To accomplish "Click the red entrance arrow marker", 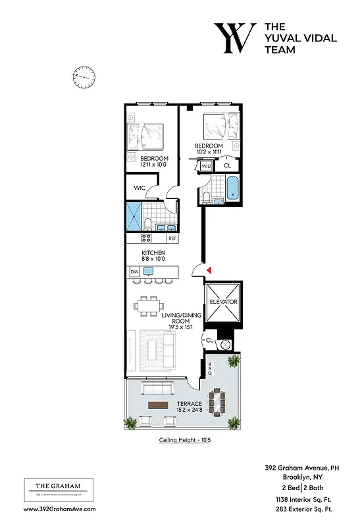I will tap(209, 270).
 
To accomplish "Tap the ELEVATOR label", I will tap(223, 302).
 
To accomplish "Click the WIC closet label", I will tap(139, 188).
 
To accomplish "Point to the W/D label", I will tap(206, 167).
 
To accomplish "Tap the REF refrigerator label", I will tap(172, 238).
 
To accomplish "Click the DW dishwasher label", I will tap(134, 271).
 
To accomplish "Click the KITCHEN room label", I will tap(153, 253).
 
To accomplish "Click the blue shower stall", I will tap(134, 215).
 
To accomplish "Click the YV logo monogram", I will tap(234, 39).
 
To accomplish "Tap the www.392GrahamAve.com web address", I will tap(59, 509).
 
